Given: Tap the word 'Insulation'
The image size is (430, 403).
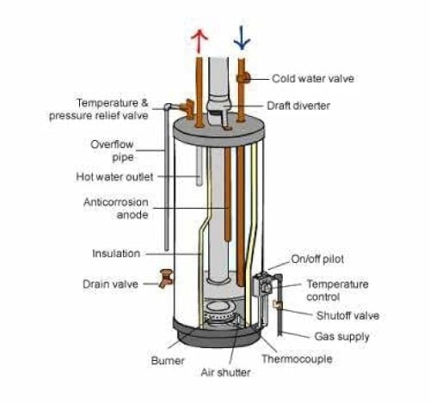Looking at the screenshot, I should tap(116, 253).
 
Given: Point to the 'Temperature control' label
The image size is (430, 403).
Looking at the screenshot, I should tap(337, 290).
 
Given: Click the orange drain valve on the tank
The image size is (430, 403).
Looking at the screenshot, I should tap(163, 279).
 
